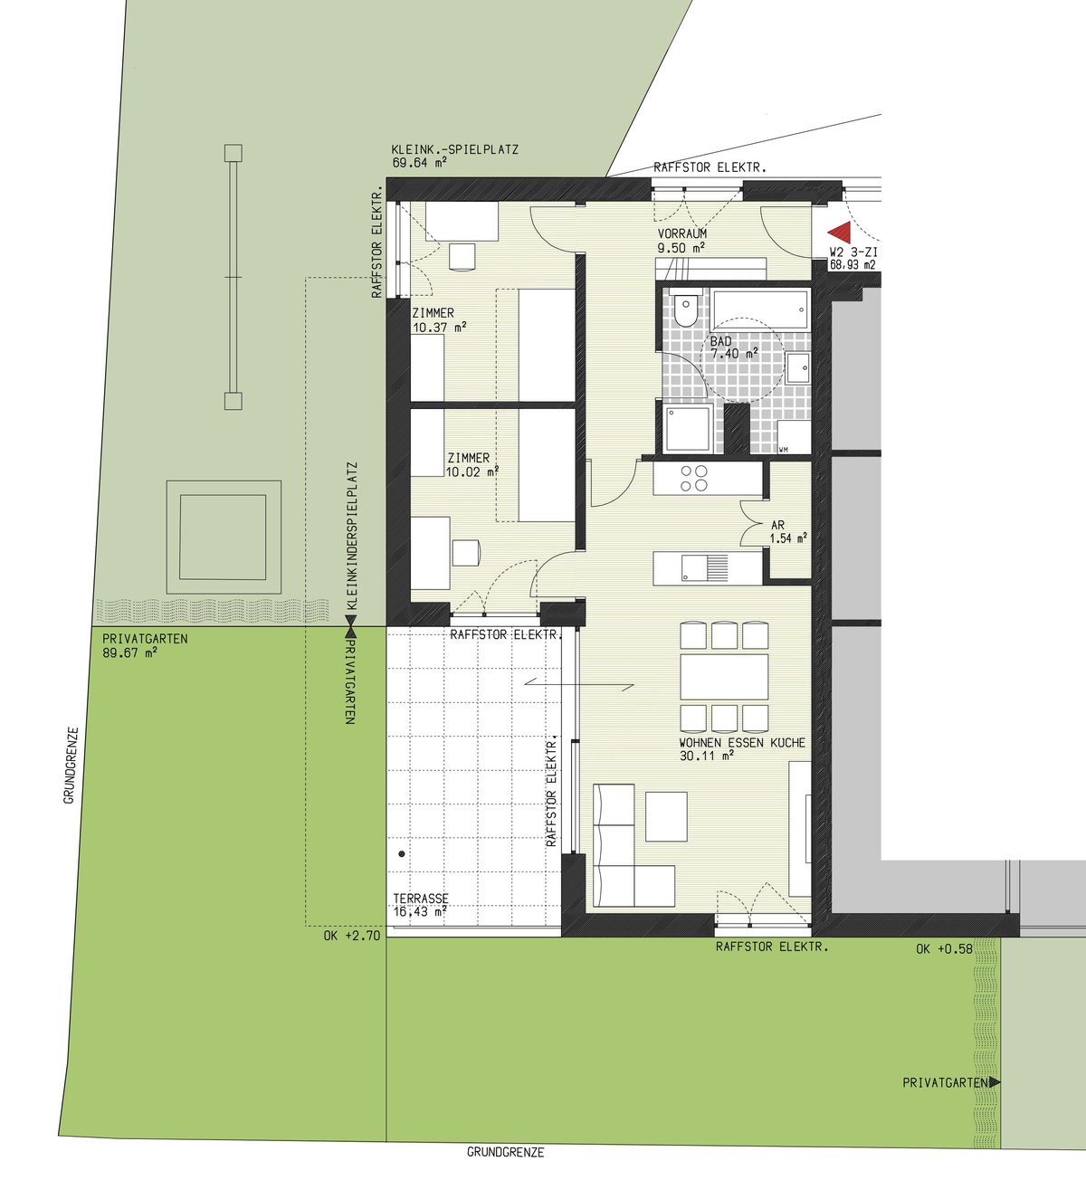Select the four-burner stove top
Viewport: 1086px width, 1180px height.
pyautogui.click(x=693, y=478)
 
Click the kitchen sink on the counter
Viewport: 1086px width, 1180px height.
pyautogui.click(x=705, y=567)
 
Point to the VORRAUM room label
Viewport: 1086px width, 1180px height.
pyautogui.click(x=682, y=233)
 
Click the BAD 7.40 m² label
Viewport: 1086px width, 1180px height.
pyautogui.click(x=734, y=347)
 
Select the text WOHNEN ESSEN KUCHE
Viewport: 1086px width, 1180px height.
pyautogui.click(x=742, y=743)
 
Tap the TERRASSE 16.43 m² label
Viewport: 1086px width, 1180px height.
pyautogui.click(x=420, y=905)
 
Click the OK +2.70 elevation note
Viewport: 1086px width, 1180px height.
pyautogui.click(x=352, y=936)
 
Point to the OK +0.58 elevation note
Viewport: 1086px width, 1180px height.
pyautogui.click(x=944, y=949)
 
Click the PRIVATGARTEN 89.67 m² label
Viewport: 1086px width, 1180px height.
pyautogui.click(x=145, y=645)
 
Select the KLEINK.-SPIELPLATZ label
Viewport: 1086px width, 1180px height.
pyautogui.click(x=454, y=149)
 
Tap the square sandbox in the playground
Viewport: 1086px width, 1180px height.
pyautogui.click(x=224, y=537)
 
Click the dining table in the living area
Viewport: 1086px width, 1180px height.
pyautogui.click(x=724, y=677)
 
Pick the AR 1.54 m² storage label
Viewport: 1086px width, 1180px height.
pyautogui.click(x=788, y=531)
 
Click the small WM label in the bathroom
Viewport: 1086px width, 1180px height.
pyautogui.click(x=783, y=450)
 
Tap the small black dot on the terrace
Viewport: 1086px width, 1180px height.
pyautogui.click(x=401, y=853)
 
